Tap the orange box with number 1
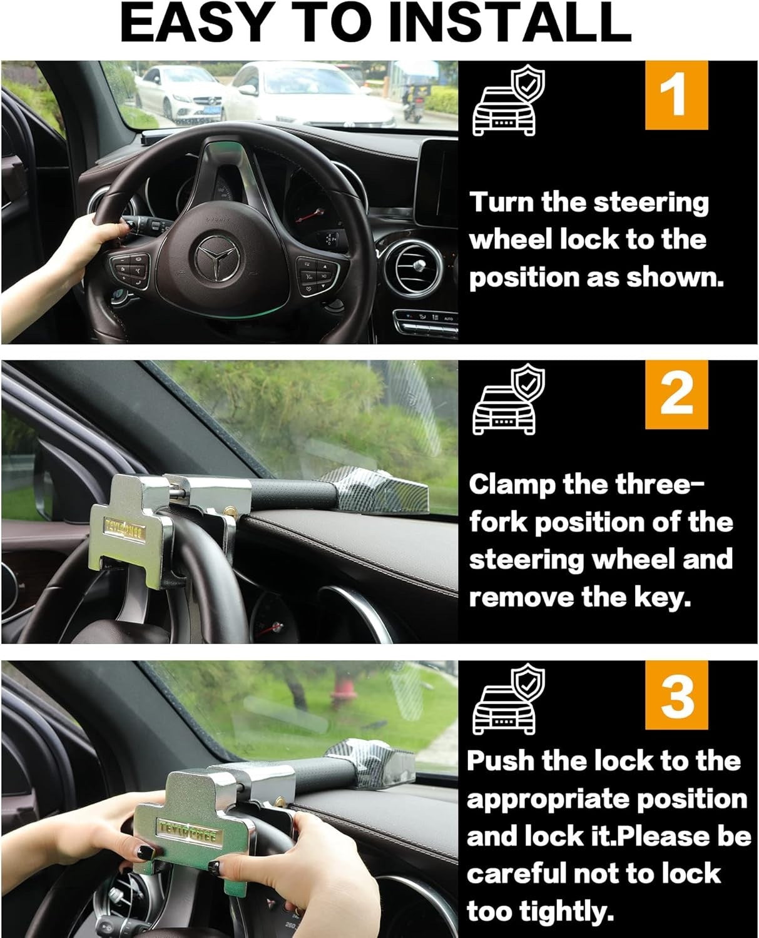(x=676, y=95)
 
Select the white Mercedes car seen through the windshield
(x=178, y=95)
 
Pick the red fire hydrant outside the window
(x=342, y=694)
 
